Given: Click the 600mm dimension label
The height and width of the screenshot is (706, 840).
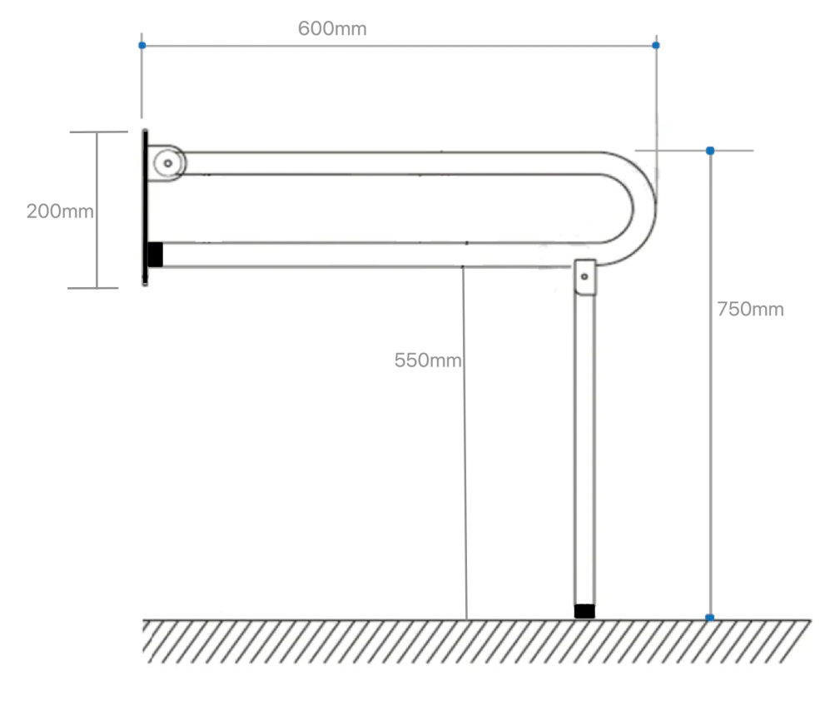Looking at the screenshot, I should tap(332, 28).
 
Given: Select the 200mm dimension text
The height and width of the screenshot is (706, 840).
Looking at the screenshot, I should tap(60, 211).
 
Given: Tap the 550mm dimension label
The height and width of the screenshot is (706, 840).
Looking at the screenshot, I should tap(427, 360).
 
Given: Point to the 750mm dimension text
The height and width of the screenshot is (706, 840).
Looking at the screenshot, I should tap(750, 310).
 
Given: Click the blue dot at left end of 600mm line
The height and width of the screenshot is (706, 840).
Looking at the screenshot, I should tap(142, 44).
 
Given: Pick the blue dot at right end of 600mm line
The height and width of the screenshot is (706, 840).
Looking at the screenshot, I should tap(656, 44).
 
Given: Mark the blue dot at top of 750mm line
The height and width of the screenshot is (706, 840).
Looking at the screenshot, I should tap(709, 151).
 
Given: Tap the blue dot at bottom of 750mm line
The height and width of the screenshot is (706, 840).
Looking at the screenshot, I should tap(709, 617).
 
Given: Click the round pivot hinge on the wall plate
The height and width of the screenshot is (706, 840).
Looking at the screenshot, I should tap(168, 163).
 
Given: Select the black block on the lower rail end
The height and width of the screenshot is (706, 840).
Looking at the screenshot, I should tap(155, 254).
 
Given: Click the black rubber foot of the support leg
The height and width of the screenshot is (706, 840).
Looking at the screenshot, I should tap(584, 611).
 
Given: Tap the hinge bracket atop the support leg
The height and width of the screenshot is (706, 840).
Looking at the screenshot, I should tap(585, 277).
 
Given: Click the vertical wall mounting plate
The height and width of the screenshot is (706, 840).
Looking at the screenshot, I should tap(145, 208).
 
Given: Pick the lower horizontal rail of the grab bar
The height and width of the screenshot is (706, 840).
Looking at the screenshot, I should tap(366, 255).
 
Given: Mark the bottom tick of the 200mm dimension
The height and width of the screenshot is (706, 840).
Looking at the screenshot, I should tap(95, 288).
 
